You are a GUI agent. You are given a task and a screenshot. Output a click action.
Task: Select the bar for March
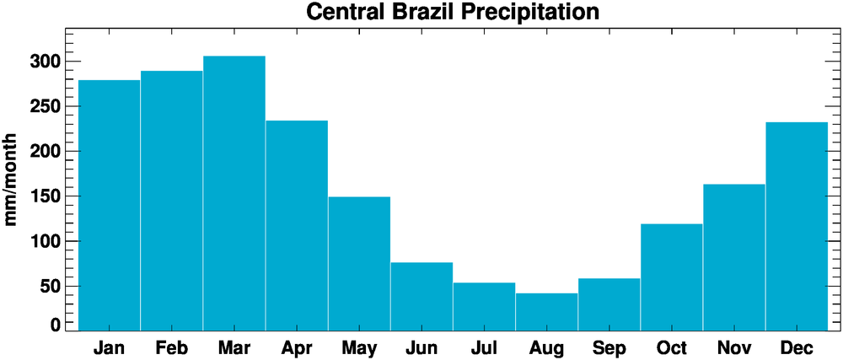(234, 193)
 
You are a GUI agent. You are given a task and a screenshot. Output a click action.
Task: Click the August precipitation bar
(546, 312)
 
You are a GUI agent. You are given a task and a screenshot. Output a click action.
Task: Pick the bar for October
(671, 277)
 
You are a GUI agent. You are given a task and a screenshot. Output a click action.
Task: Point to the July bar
(484, 307)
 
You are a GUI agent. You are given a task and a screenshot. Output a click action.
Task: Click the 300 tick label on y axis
(43, 62)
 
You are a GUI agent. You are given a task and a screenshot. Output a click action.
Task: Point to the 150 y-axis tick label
(43, 196)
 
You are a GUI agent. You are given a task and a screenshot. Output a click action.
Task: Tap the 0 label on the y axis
(56, 325)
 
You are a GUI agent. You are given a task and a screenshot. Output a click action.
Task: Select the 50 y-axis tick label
(49, 287)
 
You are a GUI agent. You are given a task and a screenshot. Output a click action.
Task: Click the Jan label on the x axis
(109, 347)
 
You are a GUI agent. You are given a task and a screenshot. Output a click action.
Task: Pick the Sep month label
(609, 347)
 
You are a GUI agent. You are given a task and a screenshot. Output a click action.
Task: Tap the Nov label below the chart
(733, 347)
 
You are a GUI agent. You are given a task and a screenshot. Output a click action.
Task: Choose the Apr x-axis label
(297, 347)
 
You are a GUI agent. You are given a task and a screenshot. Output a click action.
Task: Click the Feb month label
(171, 347)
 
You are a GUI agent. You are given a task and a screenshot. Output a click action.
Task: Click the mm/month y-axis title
(12, 179)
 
